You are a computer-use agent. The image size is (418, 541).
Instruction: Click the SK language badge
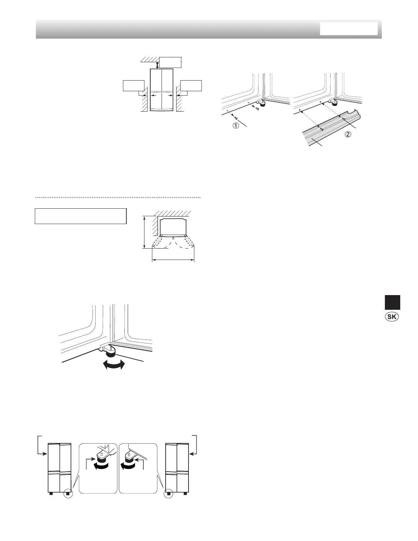tap(392, 317)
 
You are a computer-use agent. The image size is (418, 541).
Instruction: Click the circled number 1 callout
tap(236, 126)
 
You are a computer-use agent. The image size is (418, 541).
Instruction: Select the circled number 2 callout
tap(347, 134)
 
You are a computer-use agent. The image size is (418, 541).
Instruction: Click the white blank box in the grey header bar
tap(349, 29)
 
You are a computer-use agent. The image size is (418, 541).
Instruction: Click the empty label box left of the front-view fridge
tap(134, 85)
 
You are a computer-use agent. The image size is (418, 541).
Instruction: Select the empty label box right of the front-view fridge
tap(191, 85)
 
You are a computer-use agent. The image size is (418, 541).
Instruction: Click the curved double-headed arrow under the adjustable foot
tap(113, 365)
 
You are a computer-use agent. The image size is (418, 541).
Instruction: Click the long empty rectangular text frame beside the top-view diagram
tap(81, 216)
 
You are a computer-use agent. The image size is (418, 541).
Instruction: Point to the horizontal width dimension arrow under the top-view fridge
tap(173, 260)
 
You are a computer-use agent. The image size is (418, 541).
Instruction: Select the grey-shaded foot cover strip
tap(328, 131)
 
